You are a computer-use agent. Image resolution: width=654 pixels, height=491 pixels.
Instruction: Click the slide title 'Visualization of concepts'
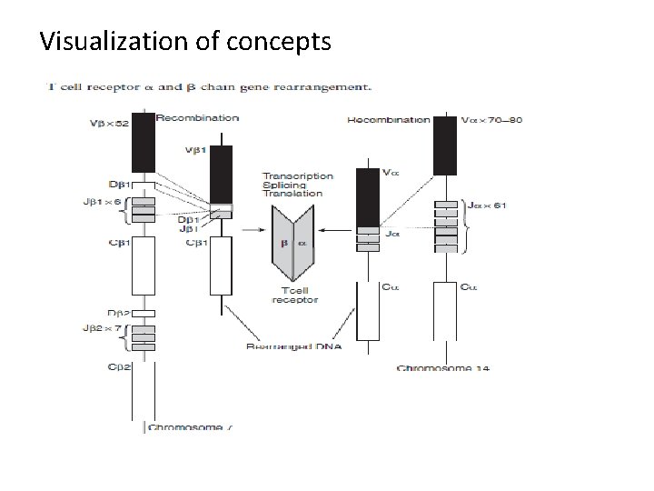186,41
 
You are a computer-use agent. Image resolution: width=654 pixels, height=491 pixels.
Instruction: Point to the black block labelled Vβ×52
144,144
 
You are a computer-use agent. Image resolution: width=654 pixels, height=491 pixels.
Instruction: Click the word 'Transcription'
297,175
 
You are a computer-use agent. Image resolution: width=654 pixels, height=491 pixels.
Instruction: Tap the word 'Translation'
292,194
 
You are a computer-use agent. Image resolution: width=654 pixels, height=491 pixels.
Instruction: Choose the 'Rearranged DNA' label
292,346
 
